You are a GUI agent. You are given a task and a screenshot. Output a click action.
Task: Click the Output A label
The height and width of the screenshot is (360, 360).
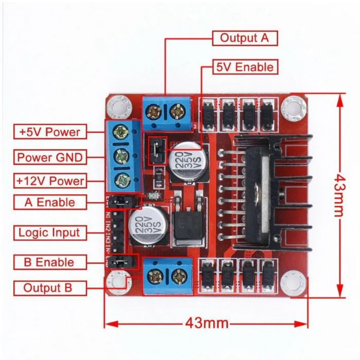[x=244, y=38]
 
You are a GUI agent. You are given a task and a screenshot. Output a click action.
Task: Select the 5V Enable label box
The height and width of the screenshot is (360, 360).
[x=244, y=67]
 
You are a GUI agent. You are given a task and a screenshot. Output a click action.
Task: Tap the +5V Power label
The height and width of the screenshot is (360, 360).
[x=49, y=132]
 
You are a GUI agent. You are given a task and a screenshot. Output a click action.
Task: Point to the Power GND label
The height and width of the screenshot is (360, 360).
[x=49, y=157]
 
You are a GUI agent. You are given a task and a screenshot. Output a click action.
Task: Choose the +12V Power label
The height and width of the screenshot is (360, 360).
[x=49, y=181]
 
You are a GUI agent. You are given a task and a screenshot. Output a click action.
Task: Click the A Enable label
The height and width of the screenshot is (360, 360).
[x=49, y=203]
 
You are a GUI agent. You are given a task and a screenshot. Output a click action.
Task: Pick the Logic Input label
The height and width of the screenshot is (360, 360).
[x=49, y=232]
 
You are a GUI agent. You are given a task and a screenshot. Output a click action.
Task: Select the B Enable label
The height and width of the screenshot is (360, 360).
[x=49, y=262]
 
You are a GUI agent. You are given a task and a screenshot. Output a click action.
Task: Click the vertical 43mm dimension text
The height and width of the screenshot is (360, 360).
[x=338, y=195]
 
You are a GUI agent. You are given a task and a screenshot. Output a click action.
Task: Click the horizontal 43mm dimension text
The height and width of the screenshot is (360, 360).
[x=206, y=323]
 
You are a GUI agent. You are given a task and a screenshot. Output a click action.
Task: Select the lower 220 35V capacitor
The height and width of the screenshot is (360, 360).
[x=147, y=227]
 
